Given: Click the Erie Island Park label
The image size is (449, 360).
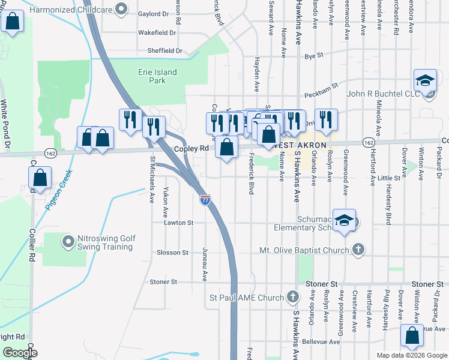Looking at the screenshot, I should [155, 76].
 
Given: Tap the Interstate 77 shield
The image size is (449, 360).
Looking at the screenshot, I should [205, 199].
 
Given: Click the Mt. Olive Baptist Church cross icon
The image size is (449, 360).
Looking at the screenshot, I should [358, 250].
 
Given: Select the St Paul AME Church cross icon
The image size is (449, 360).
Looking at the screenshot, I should [292, 298].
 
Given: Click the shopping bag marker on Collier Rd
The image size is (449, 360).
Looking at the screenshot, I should [39, 178].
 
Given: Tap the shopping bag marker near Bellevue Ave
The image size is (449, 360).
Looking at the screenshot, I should [412, 337].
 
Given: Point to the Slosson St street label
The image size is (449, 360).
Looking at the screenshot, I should [172, 253].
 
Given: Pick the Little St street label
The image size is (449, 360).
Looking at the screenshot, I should [388, 178].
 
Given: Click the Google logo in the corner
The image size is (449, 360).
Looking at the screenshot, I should [20, 352].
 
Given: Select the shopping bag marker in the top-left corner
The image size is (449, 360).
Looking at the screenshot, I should [11, 22].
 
